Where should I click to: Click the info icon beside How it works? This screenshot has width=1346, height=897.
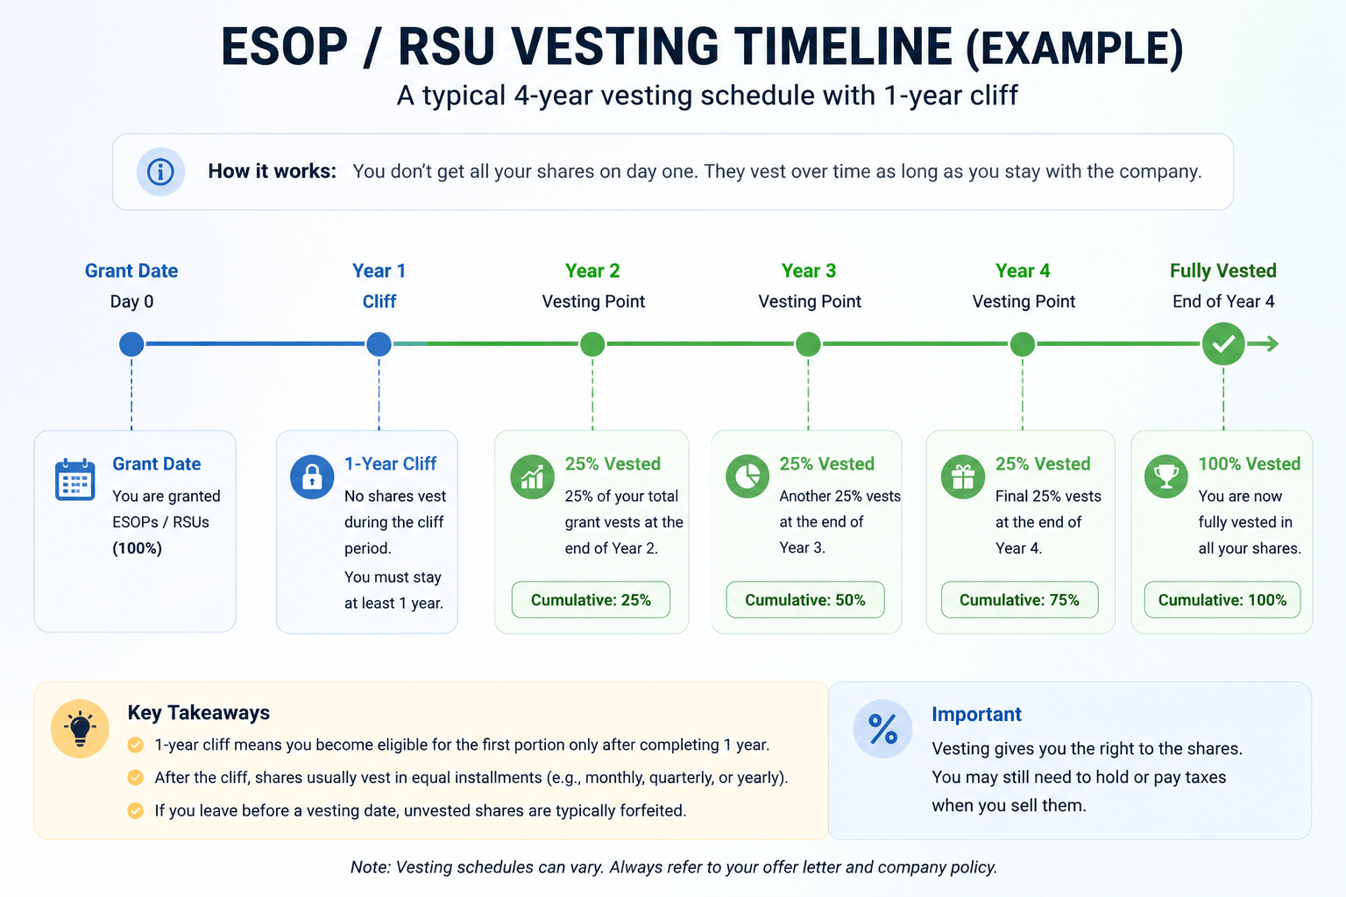coord(160,172)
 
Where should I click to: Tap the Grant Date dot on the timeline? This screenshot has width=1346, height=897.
coord(131,344)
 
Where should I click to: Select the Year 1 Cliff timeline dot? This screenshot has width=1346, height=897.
coord(379,344)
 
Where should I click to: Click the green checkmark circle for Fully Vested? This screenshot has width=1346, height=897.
coord(1223,343)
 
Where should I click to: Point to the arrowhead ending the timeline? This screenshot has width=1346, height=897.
coord(1272,343)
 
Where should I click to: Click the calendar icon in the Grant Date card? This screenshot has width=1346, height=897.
coord(74,479)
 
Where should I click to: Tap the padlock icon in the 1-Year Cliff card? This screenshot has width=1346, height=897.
coord(312,477)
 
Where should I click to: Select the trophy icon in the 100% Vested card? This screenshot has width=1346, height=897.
coord(1165,477)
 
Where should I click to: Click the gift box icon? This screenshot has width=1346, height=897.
coord(963,477)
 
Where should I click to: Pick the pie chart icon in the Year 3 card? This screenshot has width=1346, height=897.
coord(747,477)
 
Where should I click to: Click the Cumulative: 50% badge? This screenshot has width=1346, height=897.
coord(805,599)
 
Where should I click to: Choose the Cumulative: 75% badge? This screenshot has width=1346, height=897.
coord(1020,599)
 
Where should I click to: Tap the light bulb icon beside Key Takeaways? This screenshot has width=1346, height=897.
coord(80,728)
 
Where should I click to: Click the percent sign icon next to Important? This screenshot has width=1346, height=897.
coord(882,729)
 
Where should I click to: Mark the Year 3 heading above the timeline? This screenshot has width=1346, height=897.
coord(808,271)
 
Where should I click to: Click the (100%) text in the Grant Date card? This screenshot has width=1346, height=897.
coord(137,548)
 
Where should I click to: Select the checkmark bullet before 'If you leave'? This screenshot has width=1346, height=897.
coord(136,810)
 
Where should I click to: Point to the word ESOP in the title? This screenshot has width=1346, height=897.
coord(284,46)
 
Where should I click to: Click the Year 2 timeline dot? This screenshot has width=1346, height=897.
coord(592,344)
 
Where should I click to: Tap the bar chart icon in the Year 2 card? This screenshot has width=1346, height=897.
coord(533,477)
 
